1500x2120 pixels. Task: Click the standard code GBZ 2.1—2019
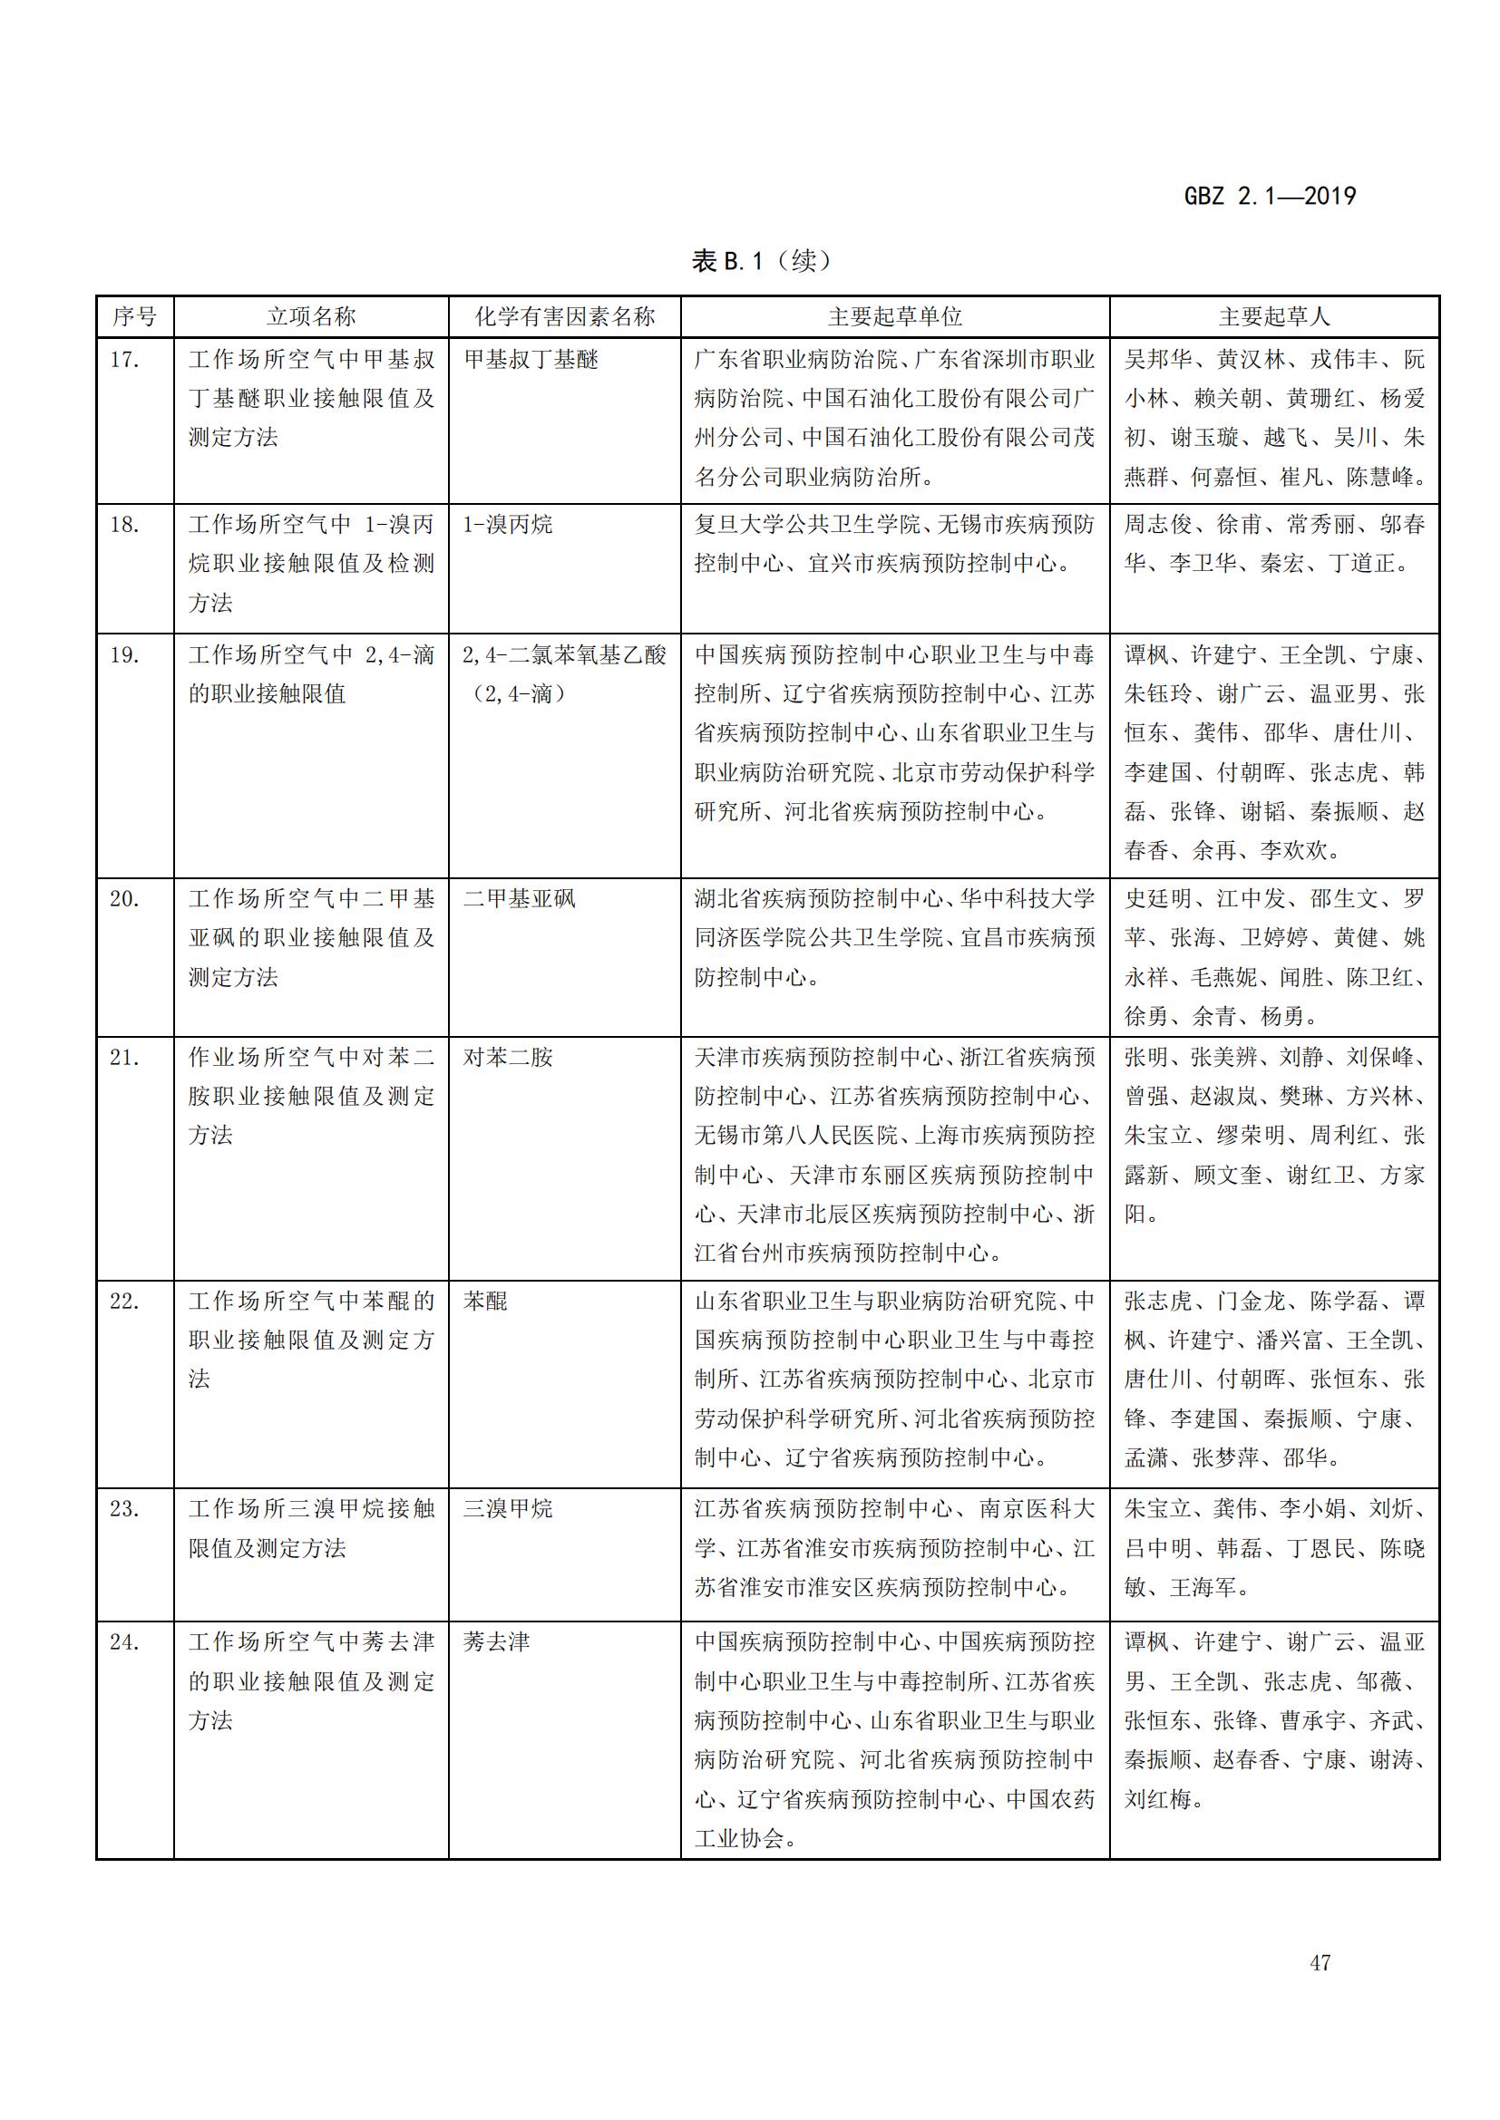pyautogui.click(x=1269, y=196)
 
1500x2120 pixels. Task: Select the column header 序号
pyautogui.click(x=135, y=316)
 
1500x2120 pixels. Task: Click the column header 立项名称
pyautogui.click(x=310, y=316)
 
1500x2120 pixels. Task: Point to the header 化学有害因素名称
pyautogui.click(x=564, y=316)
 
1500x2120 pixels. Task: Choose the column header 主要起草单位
pyautogui.click(x=894, y=316)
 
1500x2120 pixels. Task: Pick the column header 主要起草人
pyautogui.click(x=1273, y=316)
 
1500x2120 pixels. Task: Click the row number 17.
pyautogui.click(x=124, y=359)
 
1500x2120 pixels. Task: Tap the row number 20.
pyautogui.click(x=124, y=898)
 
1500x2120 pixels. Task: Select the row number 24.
pyautogui.click(x=124, y=1641)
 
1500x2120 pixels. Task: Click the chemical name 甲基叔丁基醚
pyautogui.click(x=531, y=359)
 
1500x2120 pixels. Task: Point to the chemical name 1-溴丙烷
pyautogui.click(x=507, y=525)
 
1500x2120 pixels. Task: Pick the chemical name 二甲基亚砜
pyautogui.click(x=519, y=898)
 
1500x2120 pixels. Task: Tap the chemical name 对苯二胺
pyautogui.click(x=507, y=1057)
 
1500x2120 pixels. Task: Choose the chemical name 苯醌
pyautogui.click(x=485, y=1301)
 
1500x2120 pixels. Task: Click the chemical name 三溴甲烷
pyautogui.click(x=507, y=1509)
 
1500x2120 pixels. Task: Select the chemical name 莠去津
pyautogui.click(x=496, y=1641)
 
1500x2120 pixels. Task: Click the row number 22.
pyautogui.click(x=124, y=1301)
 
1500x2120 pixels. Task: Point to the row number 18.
pyautogui.click(x=124, y=525)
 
